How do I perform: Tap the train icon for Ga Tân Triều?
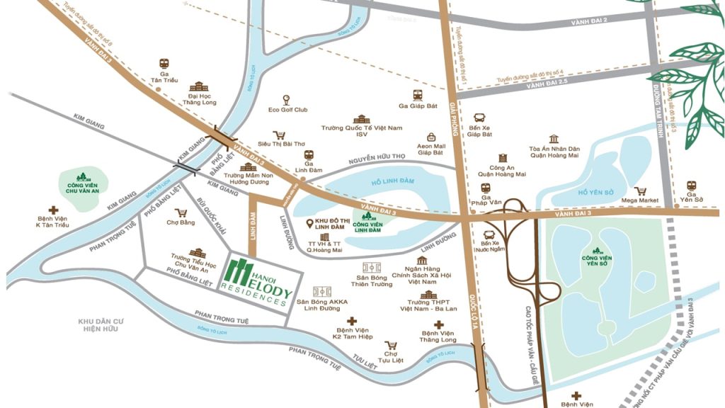164,63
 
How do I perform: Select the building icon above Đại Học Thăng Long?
197,86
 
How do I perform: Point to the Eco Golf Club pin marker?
286,99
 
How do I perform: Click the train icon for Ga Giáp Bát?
418,95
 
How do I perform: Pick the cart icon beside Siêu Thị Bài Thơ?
280,135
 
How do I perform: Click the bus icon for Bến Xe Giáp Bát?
479,118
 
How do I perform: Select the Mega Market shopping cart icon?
640,191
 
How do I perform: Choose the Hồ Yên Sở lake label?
593,192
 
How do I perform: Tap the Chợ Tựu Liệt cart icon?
390,345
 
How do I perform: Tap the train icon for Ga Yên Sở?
692,186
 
